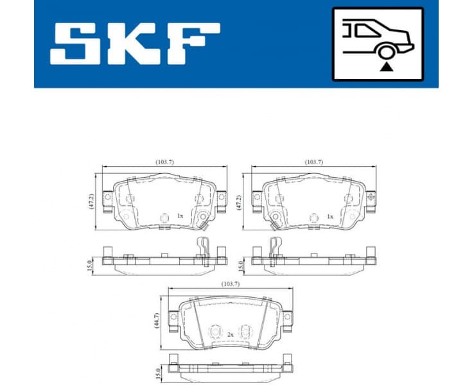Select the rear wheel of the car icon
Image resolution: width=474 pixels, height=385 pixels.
[385, 51]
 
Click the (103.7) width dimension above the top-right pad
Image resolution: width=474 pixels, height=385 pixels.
[314, 162]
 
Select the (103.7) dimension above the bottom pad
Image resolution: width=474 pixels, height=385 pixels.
[230, 282]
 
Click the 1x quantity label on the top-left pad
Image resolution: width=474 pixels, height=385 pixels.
[180, 217]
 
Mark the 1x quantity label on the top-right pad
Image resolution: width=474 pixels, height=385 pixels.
[329, 217]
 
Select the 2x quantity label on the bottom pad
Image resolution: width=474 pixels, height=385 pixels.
[230, 334]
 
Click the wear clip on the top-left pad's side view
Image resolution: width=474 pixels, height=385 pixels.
[202, 247]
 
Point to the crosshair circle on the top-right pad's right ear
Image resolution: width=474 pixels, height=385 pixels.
[371, 197]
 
